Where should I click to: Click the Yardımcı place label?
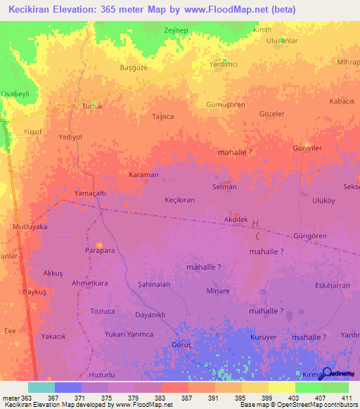224,64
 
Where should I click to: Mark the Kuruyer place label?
264,337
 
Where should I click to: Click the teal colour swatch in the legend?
41,387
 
